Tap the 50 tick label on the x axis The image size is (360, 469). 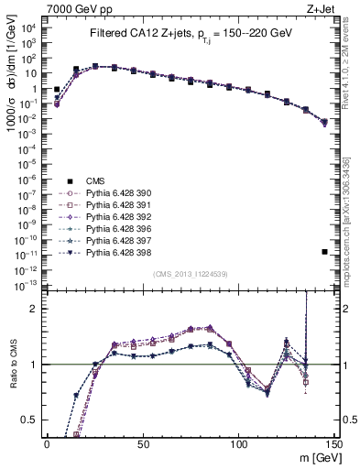(143, 443)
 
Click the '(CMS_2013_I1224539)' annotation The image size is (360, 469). (190, 274)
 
